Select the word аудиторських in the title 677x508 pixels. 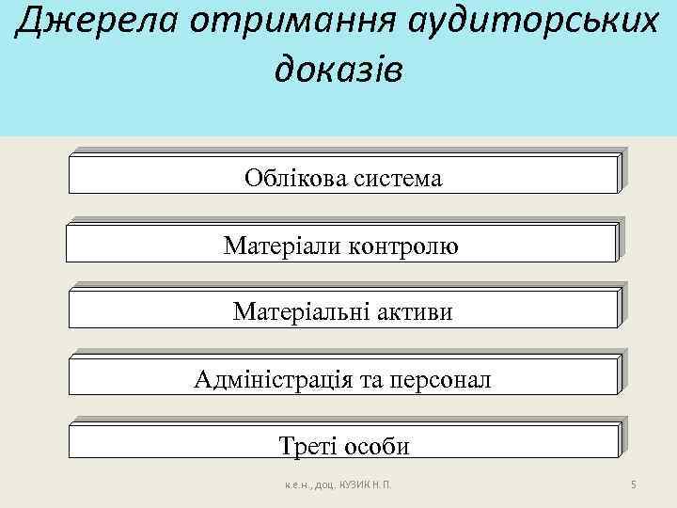[513, 24]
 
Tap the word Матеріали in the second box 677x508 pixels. [282, 246]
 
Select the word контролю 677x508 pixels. [403, 246]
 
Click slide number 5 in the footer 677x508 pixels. [635, 485]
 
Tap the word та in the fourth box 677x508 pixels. [366, 380]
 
